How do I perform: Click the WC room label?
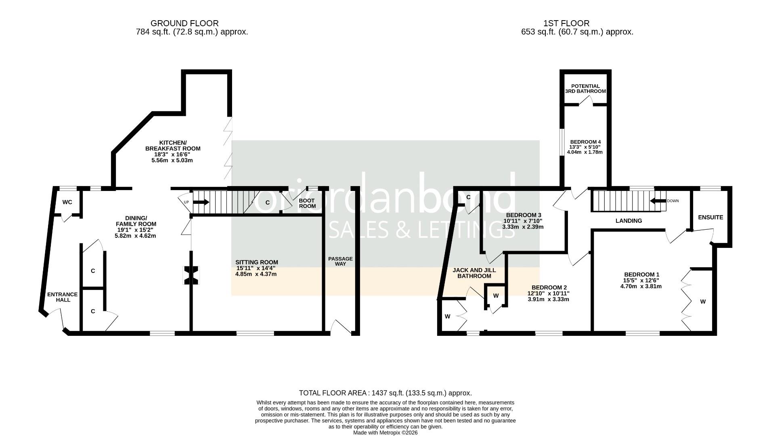(67, 202)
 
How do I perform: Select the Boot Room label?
(307, 203)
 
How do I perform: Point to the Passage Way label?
(340, 261)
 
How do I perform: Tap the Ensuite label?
(710, 217)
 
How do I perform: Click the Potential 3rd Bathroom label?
(585, 89)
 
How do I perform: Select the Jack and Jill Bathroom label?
(474, 273)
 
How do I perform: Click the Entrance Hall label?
(62, 297)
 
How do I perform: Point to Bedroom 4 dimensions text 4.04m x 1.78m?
(585, 152)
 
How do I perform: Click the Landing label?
(629, 221)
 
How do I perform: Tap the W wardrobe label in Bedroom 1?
(703, 302)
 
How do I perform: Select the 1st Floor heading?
(566, 23)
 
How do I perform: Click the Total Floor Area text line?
(385, 393)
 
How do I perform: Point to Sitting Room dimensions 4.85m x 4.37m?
(256, 274)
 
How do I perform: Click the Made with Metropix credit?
(385, 432)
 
